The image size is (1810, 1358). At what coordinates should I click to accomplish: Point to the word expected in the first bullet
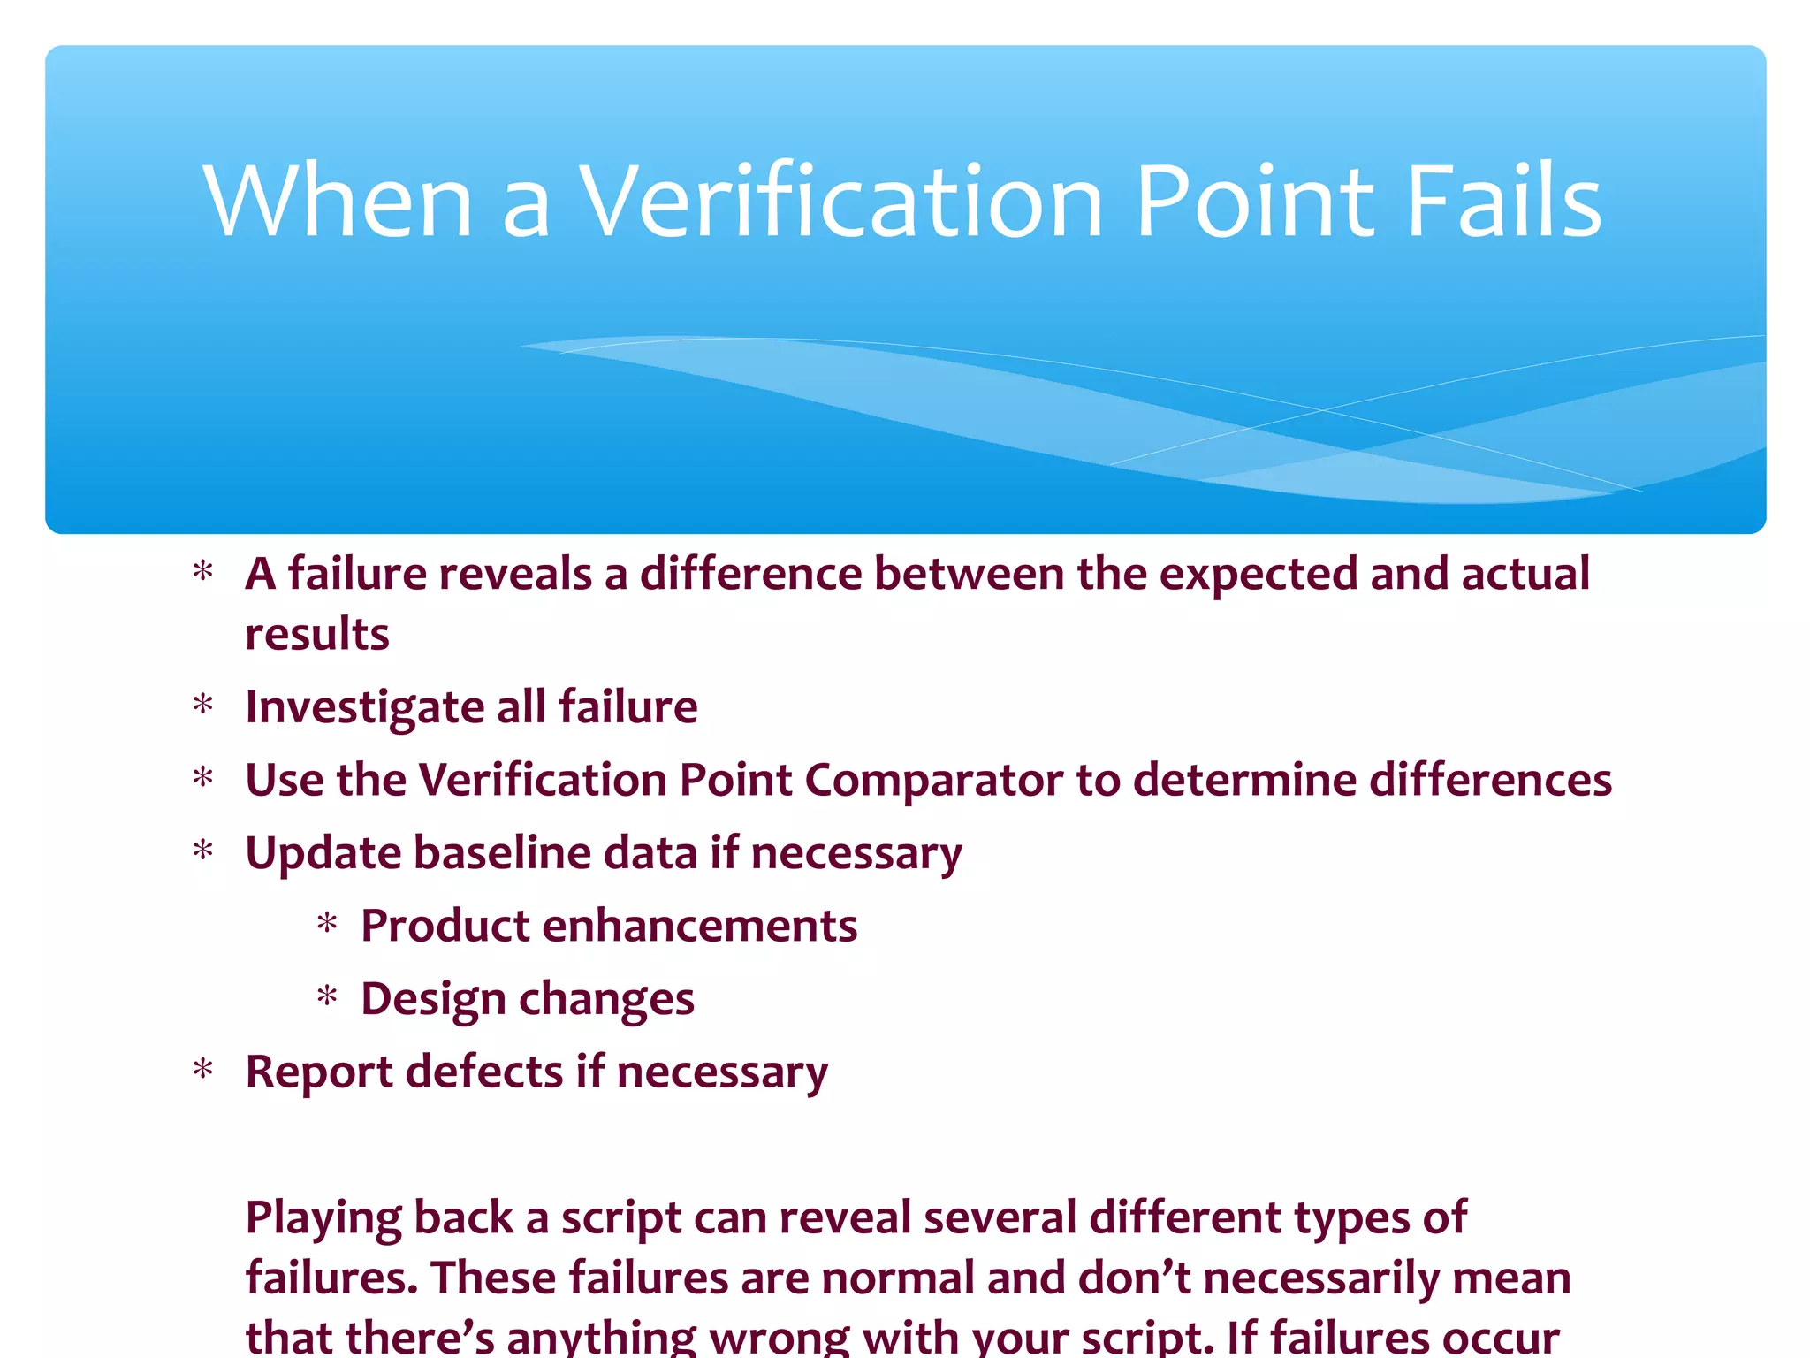tap(1259, 575)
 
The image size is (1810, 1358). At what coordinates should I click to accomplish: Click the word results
tap(316, 635)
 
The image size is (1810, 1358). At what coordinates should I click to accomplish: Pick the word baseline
tap(501, 854)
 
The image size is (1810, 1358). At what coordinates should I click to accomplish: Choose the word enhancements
tap(699, 927)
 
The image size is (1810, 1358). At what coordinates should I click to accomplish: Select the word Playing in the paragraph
tap(323, 1218)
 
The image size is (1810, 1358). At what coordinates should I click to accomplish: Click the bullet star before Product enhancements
tap(327, 925)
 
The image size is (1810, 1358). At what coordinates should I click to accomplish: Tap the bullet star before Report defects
tap(203, 1071)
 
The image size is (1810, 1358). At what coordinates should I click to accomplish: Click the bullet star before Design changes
tap(327, 998)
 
